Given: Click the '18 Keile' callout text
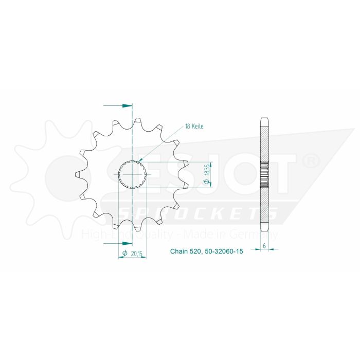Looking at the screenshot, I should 192,126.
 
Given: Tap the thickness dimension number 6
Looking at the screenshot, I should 264,246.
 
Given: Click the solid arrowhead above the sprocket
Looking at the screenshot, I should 127,105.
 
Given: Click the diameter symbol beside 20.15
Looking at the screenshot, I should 124,253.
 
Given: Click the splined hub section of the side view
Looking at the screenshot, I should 264,175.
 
